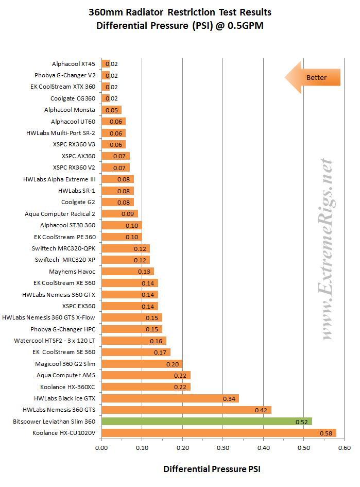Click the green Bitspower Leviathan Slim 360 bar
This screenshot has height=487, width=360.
(207, 422)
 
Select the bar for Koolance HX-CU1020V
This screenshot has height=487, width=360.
(219, 433)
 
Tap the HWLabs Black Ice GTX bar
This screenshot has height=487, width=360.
(170, 398)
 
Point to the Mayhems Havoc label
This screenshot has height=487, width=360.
(72, 271)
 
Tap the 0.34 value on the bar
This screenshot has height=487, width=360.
(230, 399)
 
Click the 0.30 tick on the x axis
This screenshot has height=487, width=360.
(222, 449)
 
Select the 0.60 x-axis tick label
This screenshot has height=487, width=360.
(344, 449)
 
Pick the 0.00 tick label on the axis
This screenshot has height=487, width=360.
(101, 449)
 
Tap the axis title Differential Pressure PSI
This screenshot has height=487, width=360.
(212, 469)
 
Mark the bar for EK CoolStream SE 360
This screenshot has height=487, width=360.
(136, 352)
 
